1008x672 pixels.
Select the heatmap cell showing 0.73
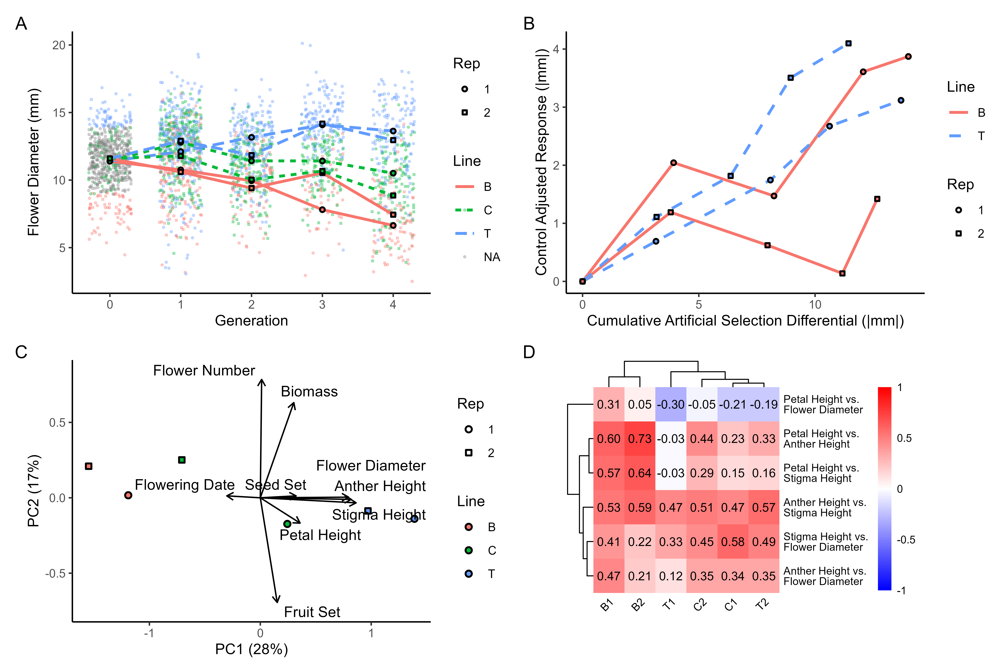[639, 439]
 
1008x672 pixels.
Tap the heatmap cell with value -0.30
[671, 405]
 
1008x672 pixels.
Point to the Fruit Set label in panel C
[312, 612]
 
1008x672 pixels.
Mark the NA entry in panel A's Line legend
[492, 257]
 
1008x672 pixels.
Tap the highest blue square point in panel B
[848, 43]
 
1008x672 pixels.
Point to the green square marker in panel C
[182, 460]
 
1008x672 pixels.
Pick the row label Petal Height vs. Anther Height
[821, 439]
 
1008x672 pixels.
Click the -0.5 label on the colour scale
[906, 540]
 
